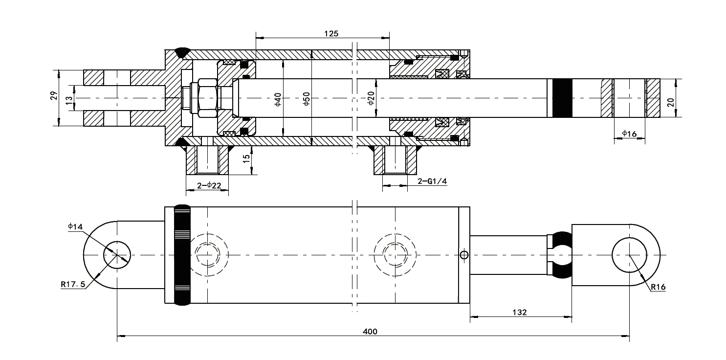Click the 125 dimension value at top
click(x=331, y=34)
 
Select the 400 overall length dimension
click(x=370, y=331)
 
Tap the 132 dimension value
click(x=521, y=313)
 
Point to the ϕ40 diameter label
click(x=277, y=99)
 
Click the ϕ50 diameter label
click(x=306, y=99)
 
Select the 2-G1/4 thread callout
click(x=432, y=181)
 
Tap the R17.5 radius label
click(x=73, y=284)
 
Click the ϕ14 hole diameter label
click(x=75, y=226)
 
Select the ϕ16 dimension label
click(x=629, y=133)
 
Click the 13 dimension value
click(x=69, y=98)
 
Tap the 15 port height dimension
click(x=247, y=159)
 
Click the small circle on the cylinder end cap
click(x=464, y=254)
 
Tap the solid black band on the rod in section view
click(x=561, y=98)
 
